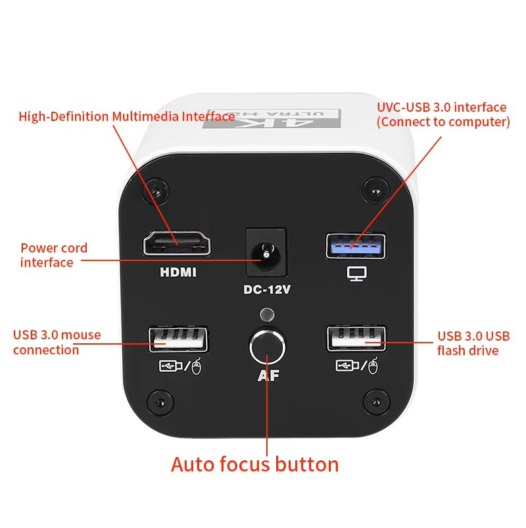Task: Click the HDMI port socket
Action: click(x=178, y=243)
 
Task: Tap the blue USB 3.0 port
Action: click(x=356, y=245)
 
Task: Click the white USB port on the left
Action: click(x=178, y=339)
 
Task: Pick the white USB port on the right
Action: click(x=356, y=339)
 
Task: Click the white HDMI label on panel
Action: click(x=178, y=272)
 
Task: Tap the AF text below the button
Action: click(x=267, y=377)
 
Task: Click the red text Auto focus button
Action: click(x=254, y=464)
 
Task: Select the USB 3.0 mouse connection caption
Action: click(x=57, y=342)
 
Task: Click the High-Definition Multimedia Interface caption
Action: click(x=127, y=117)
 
